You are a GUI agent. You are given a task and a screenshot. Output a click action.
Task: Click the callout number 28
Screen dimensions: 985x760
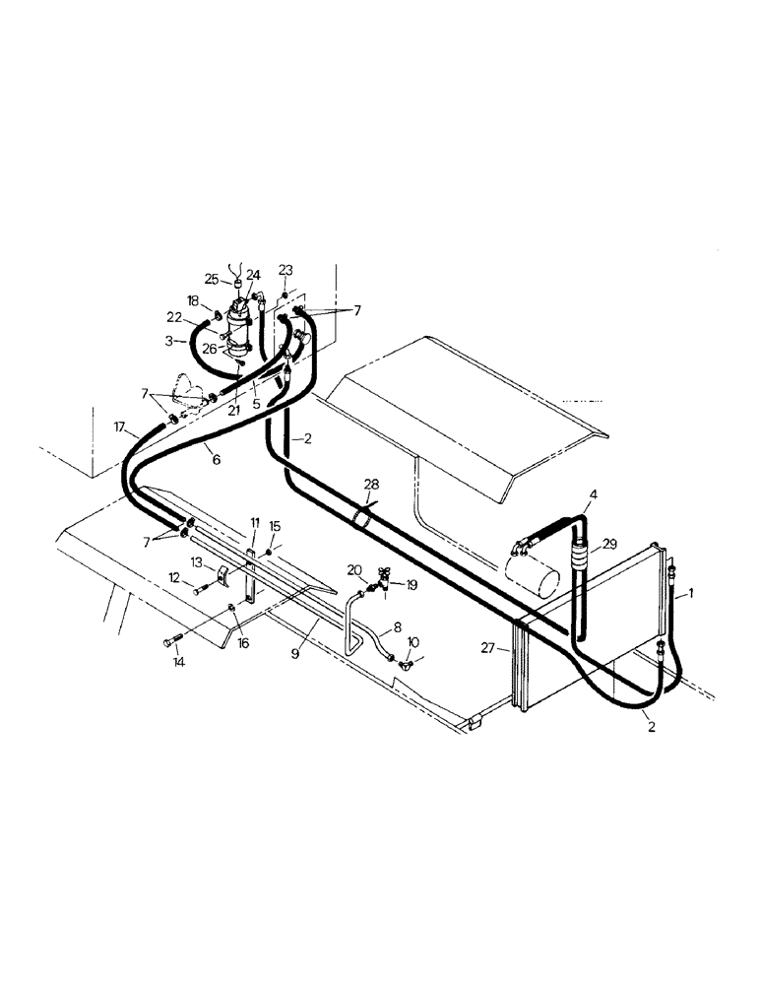(x=370, y=484)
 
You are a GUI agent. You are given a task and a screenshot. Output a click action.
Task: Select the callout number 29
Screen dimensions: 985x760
(x=610, y=545)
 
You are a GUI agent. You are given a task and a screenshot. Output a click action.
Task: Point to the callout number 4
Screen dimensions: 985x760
(x=593, y=494)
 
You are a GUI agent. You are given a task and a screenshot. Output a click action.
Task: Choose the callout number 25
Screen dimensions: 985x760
(x=211, y=279)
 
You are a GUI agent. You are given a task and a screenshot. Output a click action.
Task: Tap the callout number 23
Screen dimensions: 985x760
(x=285, y=269)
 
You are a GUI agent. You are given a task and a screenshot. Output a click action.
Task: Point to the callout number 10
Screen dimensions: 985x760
(x=413, y=641)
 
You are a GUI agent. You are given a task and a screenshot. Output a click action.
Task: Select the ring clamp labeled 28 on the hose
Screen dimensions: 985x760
(x=362, y=516)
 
